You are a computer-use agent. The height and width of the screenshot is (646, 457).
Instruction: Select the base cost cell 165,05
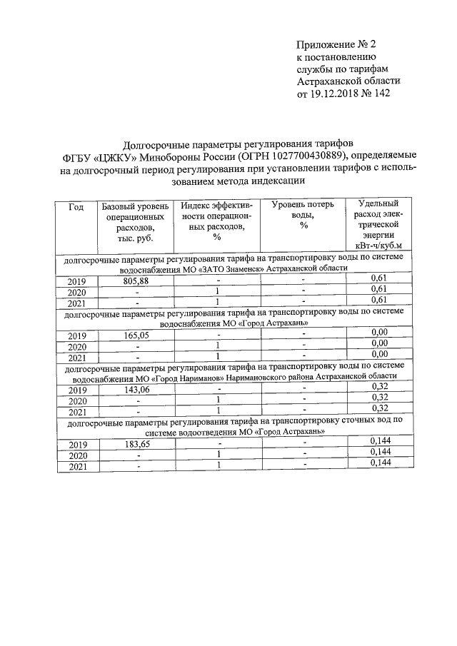click(134, 334)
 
